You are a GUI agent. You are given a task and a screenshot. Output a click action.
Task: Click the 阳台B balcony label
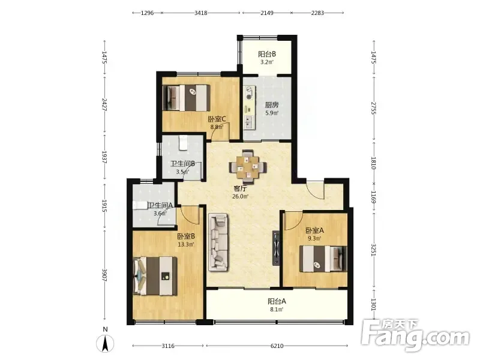267,54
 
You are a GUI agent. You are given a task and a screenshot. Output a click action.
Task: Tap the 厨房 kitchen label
272,105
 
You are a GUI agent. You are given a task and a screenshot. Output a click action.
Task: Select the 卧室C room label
217,119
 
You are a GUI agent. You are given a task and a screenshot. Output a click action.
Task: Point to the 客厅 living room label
240,188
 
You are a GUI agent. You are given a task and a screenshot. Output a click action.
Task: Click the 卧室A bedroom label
314,230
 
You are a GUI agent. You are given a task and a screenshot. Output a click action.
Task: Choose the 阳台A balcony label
277,301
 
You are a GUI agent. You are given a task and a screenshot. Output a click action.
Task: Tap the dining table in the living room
248,167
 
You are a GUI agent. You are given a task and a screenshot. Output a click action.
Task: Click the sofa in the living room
218,242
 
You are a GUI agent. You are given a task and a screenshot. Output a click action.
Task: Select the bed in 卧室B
155,276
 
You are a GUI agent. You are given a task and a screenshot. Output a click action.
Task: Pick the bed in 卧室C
187,98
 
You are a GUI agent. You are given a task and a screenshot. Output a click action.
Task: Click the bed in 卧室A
323,259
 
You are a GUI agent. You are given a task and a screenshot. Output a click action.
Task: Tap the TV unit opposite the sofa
276,248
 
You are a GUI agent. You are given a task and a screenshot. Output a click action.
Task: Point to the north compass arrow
105,343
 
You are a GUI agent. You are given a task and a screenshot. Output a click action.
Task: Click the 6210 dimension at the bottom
277,346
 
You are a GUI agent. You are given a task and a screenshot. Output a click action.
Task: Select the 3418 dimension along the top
201,13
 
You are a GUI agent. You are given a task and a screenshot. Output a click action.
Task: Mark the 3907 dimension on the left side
104,275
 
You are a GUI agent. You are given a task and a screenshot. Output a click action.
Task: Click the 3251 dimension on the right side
373,250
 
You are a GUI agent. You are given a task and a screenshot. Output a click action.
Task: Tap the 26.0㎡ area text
241,197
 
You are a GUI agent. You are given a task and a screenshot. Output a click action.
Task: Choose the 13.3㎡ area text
186,244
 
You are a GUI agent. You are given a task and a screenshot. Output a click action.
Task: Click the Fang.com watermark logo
415,335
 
